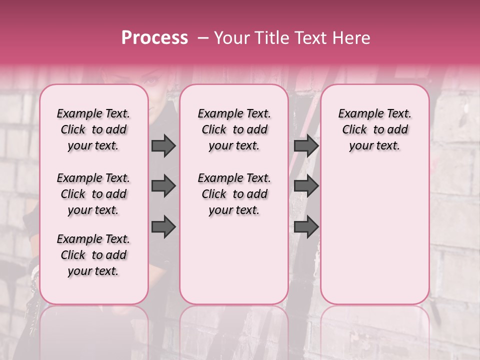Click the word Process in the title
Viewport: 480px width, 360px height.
[154, 38]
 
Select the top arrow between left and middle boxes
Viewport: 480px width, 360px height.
[163, 145]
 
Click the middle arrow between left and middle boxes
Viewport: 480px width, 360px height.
[163, 186]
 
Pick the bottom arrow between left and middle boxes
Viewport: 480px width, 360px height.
[163, 227]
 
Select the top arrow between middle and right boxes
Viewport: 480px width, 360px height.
[306, 145]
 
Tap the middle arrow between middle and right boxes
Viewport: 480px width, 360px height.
[306, 186]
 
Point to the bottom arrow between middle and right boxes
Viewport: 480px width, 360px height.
[306, 227]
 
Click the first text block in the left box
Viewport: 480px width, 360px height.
[93, 129]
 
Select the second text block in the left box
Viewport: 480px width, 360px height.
[93, 194]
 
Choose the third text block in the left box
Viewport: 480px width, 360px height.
[93, 255]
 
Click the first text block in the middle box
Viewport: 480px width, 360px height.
[234, 129]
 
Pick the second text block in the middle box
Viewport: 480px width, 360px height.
[234, 194]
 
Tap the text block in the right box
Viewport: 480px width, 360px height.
[374, 129]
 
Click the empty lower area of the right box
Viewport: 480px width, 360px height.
[374, 230]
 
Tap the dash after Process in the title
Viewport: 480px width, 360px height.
[203, 38]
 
